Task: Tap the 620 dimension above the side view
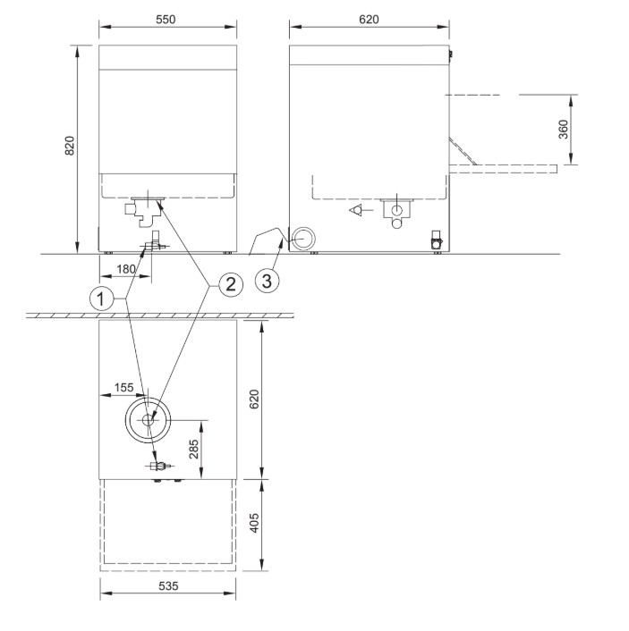(x=370, y=18)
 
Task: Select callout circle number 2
(x=228, y=284)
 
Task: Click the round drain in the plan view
(x=149, y=419)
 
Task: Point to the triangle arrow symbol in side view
(x=357, y=211)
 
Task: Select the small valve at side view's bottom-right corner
(x=437, y=240)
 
